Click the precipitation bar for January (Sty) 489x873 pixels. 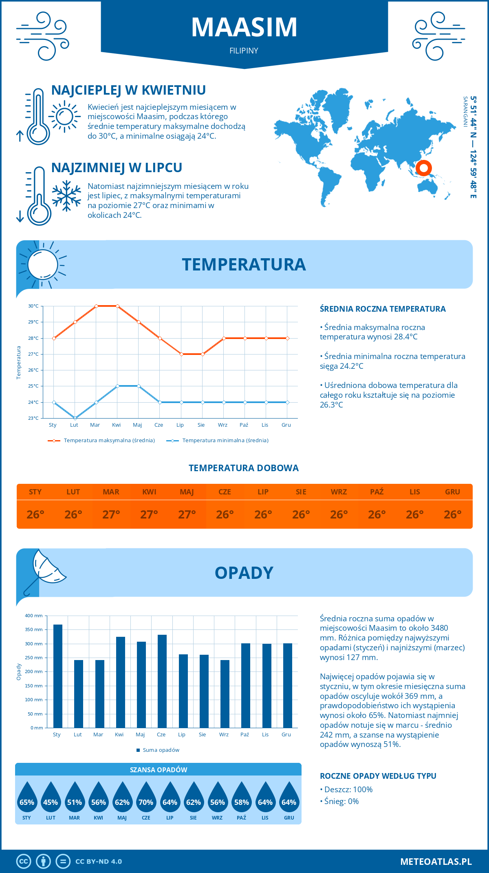(58, 676)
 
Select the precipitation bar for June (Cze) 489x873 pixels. (162, 681)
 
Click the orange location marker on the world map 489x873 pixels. (424, 168)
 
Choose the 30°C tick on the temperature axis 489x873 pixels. (33, 306)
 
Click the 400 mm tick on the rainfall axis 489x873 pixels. (34, 616)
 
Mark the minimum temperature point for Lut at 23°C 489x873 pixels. (75, 418)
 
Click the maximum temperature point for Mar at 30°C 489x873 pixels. (96, 306)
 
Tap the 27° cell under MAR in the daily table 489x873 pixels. (111, 514)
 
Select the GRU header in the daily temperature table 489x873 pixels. (452, 492)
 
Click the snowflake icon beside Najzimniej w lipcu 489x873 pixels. (66, 196)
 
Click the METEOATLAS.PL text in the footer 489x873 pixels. (436, 862)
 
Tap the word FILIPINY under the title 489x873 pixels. (244, 51)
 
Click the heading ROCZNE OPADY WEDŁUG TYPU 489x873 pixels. (378, 776)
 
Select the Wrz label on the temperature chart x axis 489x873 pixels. (222, 425)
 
